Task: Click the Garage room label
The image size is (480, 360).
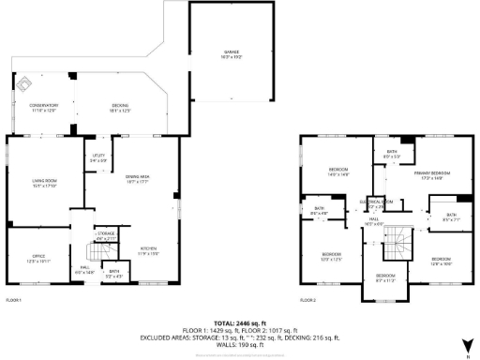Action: pos(231,54)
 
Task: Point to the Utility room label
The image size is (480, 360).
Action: pos(98,157)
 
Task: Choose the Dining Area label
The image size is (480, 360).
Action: pos(138,180)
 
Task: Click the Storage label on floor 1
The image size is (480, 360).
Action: pos(107,235)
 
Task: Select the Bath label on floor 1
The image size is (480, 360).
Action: pos(112,274)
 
